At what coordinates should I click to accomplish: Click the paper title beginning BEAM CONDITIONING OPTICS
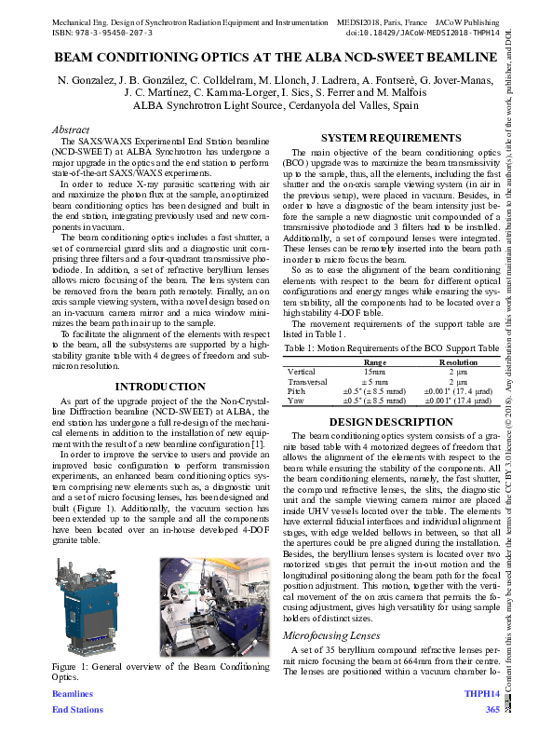(276, 57)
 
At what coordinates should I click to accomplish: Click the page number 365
(492, 710)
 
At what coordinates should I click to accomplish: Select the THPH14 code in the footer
(482, 694)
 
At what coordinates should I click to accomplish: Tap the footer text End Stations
(78, 710)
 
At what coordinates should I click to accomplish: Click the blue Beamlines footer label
(73, 694)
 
